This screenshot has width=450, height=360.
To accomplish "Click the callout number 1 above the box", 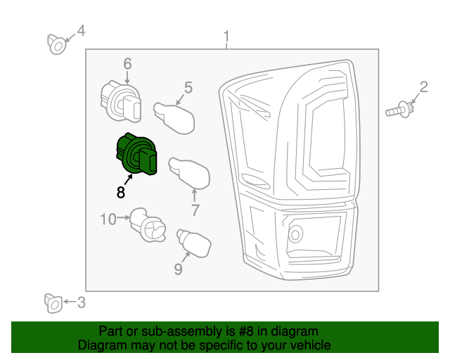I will point(226,35).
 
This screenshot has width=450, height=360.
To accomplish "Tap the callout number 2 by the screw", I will point(423,87).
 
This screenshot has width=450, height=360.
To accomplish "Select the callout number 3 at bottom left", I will point(81,303).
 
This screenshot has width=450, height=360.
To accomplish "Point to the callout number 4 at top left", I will point(81,30).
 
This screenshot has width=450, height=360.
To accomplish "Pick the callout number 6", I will point(127,64).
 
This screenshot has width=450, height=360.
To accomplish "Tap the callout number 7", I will point(195,209).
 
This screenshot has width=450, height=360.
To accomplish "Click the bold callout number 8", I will point(121,192).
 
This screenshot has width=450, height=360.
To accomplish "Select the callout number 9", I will point(178,269).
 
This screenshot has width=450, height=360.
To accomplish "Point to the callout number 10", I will point(108,219).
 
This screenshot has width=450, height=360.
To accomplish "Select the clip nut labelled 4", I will point(58,44).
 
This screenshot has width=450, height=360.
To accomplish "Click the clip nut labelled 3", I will point(53,303).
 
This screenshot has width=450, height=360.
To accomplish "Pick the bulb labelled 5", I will point(174,115).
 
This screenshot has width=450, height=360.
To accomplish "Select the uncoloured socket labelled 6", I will point(121,99).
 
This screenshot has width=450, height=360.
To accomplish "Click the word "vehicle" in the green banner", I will point(305,345).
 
